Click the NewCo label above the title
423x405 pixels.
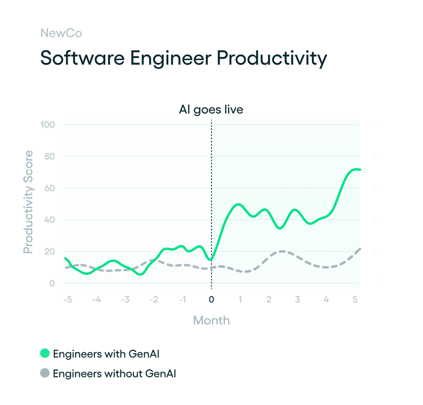coord(61,33)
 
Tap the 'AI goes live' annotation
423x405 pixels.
coord(212,110)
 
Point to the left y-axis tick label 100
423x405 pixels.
coord(48,125)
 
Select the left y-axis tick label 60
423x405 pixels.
coord(50,188)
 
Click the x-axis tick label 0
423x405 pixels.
coord(212,300)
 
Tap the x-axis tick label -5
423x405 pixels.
coord(67,300)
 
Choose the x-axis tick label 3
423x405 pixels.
coord(298,300)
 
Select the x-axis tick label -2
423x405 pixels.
coord(153,300)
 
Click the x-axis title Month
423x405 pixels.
coord(212,320)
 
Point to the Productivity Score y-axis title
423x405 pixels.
coord(28,201)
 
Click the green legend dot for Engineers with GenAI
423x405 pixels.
coord(45,353)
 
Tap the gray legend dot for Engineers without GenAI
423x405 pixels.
coord(45,374)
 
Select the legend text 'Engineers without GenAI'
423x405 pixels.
coord(115,374)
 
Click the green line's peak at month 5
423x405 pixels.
coord(356,169)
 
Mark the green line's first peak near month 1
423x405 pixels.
coord(238,204)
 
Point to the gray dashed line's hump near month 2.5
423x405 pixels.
coord(282,251)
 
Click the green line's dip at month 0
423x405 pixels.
coord(211,260)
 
